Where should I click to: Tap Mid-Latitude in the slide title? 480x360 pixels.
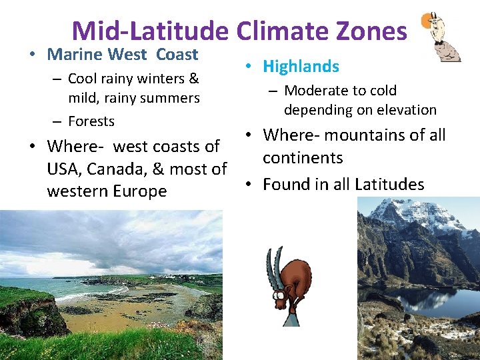coord(151,31)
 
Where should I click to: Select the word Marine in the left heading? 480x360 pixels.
coord(74,55)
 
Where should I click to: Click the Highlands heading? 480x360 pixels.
coord(301,66)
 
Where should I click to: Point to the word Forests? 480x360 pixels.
coord(91,121)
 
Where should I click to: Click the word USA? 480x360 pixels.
coord(65,169)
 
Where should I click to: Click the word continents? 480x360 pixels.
coord(303,158)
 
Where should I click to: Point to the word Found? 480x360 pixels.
coord(285,184)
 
